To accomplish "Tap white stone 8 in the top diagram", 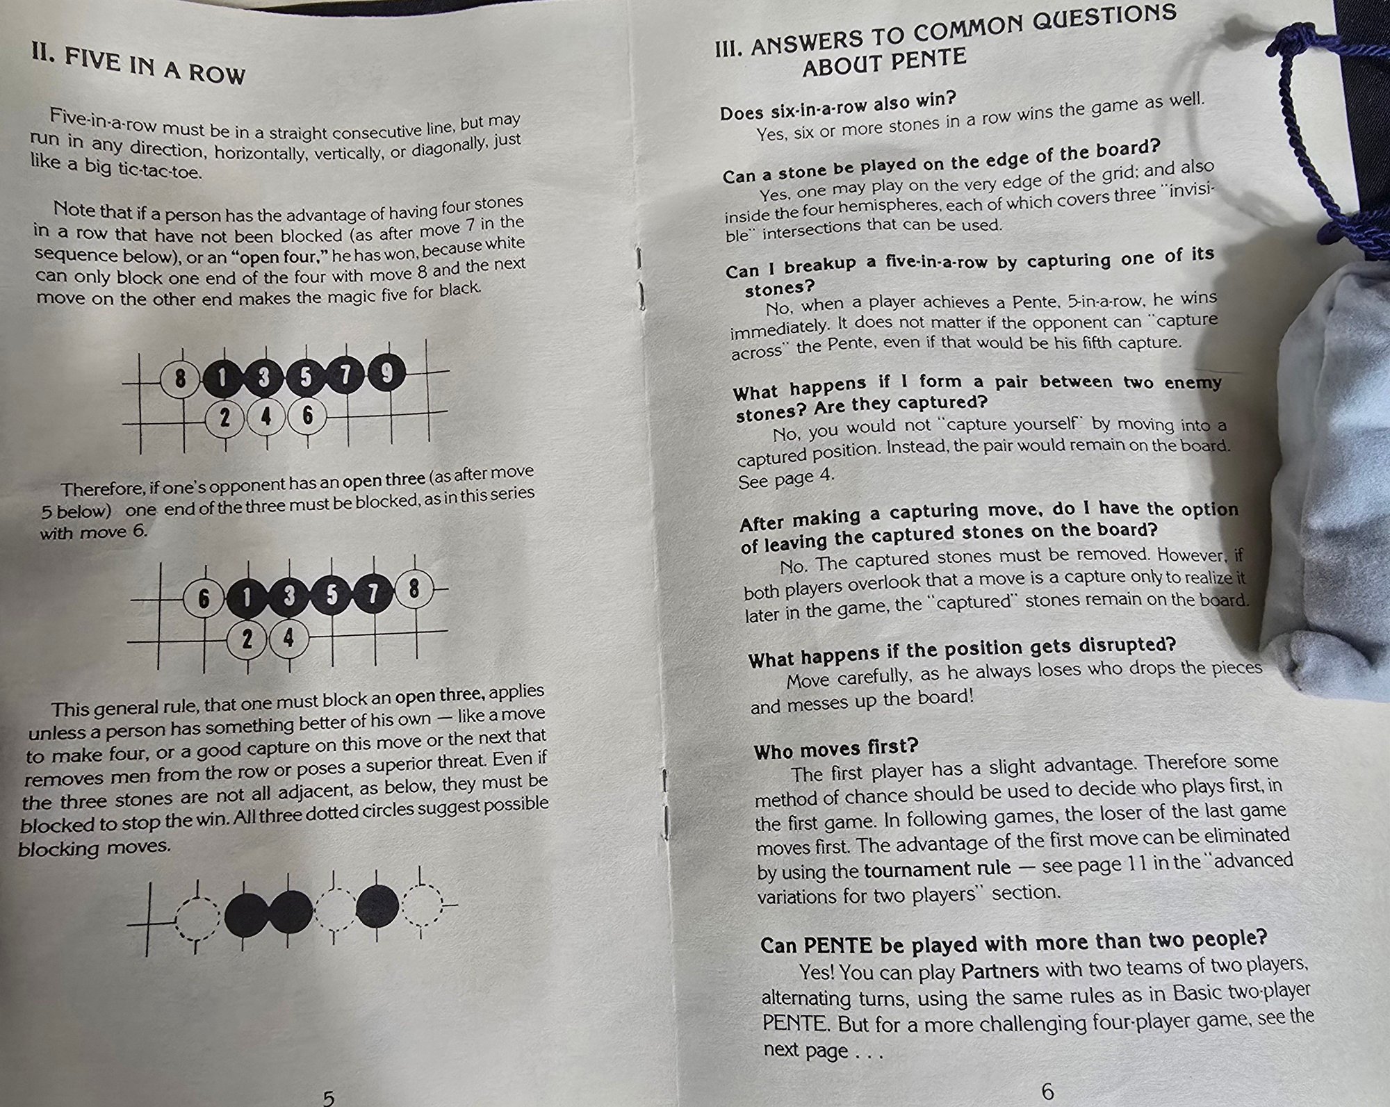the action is [181, 379].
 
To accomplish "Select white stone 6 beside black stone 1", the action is [204, 598].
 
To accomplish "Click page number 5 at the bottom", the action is [329, 1097].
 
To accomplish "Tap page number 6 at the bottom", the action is [1047, 1092].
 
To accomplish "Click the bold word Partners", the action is [999, 969].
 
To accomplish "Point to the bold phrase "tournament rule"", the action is [938, 869].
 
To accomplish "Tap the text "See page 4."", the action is [786, 479].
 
